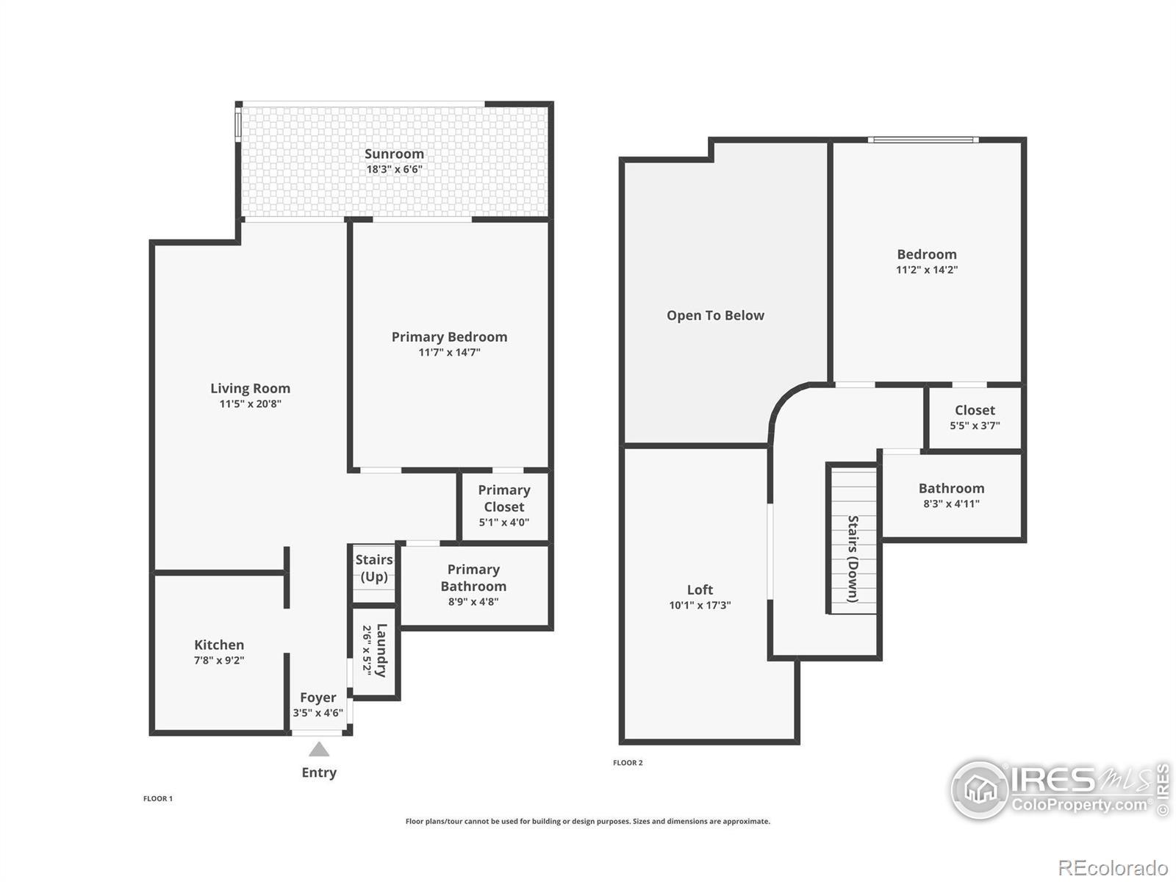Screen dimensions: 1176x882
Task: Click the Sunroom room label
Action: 394,154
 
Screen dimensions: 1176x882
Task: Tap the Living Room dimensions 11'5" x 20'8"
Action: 250,404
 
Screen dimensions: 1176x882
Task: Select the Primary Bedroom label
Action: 449,337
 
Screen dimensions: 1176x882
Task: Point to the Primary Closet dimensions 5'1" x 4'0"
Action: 503,522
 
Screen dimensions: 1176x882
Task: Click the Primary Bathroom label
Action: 473,578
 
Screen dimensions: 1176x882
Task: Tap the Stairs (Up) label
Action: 374,568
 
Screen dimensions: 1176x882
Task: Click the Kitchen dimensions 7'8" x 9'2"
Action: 218,660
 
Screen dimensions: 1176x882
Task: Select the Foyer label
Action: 318,698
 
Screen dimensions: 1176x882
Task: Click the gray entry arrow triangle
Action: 319,749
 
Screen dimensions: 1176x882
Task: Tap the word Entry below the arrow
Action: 319,772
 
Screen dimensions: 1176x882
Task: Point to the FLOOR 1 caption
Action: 157,798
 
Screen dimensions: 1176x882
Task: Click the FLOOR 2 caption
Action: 628,763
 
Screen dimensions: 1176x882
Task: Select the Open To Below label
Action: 715,315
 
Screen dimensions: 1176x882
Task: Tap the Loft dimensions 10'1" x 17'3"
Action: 700,605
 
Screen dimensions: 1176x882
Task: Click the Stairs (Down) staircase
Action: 853,539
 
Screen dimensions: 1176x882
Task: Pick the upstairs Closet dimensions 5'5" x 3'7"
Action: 975,426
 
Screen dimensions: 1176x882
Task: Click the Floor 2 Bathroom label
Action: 951,488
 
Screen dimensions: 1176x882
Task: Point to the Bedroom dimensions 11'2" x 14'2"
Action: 926,270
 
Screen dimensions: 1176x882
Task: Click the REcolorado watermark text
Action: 1113,867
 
